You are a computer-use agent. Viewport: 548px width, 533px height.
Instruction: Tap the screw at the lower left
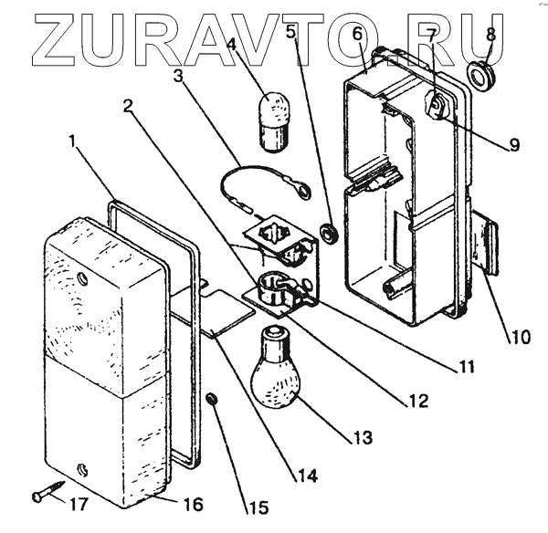click(45, 495)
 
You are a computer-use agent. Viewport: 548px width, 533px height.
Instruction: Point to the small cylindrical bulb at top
click(274, 121)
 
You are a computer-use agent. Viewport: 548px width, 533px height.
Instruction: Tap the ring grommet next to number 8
click(479, 74)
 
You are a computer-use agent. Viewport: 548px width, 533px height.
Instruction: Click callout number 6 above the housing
click(358, 36)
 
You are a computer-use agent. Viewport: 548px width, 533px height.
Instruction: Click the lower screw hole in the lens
click(83, 469)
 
